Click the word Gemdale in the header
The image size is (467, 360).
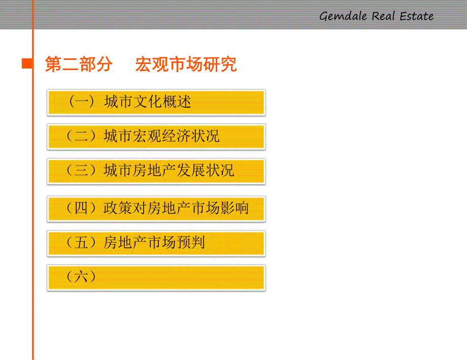point(343,16)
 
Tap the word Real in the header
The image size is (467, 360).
point(383,16)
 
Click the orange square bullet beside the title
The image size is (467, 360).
point(26,64)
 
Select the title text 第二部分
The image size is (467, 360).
point(78,64)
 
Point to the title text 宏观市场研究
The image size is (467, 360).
point(186,64)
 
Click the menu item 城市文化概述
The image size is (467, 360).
point(148,102)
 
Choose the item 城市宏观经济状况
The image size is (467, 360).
point(161,136)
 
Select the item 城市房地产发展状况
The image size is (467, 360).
point(169,171)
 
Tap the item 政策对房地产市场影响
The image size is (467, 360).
point(176,208)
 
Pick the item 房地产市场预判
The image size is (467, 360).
point(154,243)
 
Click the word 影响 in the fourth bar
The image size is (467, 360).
point(235,208)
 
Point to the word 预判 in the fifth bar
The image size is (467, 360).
point(191,243)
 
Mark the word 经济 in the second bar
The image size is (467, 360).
point(176,136)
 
